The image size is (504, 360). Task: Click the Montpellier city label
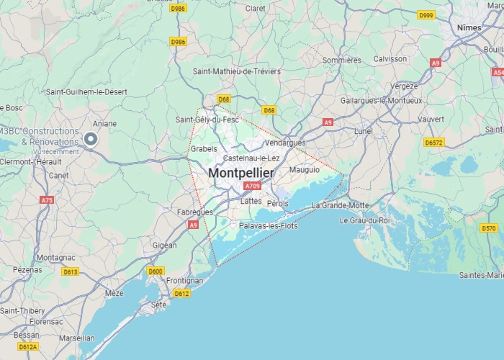coord(241,174)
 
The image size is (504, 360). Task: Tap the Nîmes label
coord(472,27)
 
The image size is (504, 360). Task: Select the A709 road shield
coord(252,186)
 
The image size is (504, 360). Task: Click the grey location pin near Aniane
coord(91,139)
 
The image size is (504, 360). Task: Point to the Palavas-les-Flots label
coord(268,226)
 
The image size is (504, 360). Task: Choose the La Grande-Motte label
coord(340,205)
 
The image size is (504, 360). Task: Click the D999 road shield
coord(426,15)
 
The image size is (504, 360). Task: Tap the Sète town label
coord(158,305)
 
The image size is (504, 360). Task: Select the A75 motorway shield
coord(47,199)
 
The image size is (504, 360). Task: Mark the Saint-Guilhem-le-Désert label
coord(86,92)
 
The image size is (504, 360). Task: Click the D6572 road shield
coord(433,143)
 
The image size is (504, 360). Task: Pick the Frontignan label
coord(184,280)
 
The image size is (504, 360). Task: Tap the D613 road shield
coord(71,271)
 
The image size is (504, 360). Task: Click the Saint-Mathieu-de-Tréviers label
coord(237,71)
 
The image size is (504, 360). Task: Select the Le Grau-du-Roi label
coord(364,220)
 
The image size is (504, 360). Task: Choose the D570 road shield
coord(489,228)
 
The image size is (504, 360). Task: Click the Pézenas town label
coord(28,269)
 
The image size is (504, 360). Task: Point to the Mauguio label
coord(304,170)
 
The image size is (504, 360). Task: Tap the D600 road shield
coord(156,271)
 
